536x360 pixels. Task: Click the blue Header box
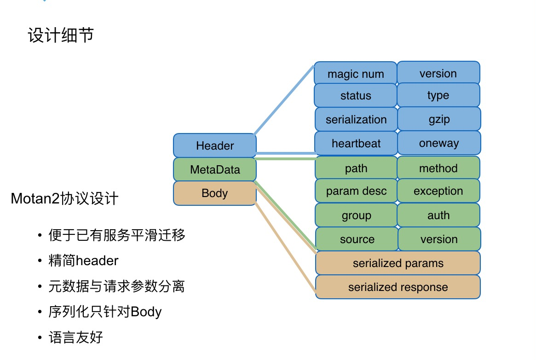coord(215,145)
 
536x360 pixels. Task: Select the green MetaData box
coord(215,169)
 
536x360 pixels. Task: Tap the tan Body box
coord(215,193)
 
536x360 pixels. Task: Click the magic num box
coord(356,73)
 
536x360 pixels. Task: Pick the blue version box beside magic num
coord(438,73)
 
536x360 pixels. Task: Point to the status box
coord(356,96)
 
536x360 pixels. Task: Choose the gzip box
coord(439,119)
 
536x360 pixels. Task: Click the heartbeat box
coord(356,143)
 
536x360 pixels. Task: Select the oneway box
coord(439,143)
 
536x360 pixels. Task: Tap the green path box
coord(356,168)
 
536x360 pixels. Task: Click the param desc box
coord(356,191)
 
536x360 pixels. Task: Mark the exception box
coord(438,191)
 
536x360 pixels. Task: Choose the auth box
coord(438,215)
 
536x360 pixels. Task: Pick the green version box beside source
coord(439,239)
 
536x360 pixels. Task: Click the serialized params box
coord(398,263)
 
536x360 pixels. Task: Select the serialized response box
coord(398,287)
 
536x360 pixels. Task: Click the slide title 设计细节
coord(61,35)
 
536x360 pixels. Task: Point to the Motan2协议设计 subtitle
coord(65,198)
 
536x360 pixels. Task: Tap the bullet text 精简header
coord(83,261)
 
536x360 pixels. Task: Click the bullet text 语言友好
coord(75,337)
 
